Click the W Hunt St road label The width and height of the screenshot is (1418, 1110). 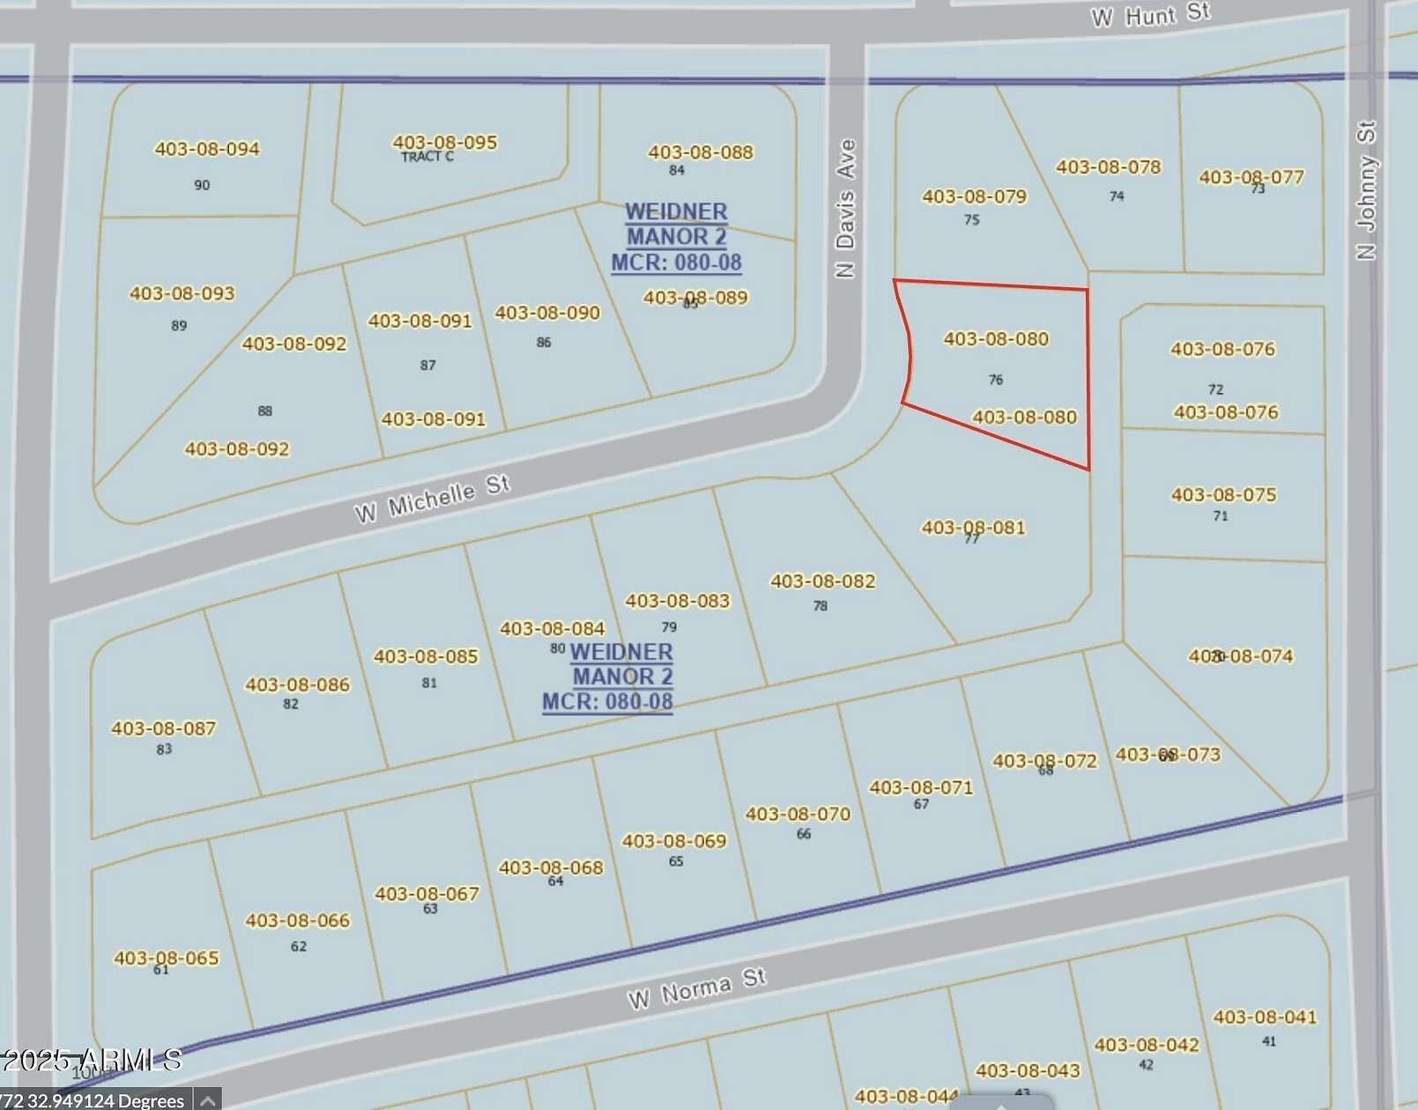click(1150, 15)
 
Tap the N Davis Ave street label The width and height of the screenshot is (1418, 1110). click(846, 208)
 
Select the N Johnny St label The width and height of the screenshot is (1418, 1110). click(1366, 190)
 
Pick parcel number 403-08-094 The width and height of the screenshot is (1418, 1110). click(207, 149)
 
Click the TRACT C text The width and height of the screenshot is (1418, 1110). click(427, 157)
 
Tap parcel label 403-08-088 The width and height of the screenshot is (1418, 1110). click(701, 152)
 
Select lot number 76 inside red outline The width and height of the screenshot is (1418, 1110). click(996, 380)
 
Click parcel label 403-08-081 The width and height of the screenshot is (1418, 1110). click(973, 528)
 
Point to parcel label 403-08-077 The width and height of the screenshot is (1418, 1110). click(1251, 177)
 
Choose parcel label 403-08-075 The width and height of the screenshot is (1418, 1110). click(1223, 495)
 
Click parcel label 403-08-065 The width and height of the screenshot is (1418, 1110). click(166, 958)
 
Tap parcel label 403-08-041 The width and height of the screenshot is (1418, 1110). click(1265, 1017)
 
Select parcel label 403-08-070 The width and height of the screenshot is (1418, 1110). click(798, 815)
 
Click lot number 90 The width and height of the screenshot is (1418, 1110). click(202, 185)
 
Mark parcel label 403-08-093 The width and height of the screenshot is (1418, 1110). click(182, 293)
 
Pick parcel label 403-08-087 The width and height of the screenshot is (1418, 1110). click(163, 729)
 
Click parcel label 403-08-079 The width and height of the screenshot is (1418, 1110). click(974, 196)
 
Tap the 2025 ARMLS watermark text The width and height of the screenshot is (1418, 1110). click(93, 1060)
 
